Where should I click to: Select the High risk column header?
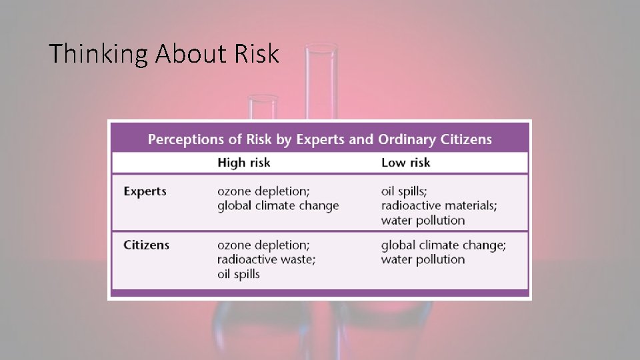coord(244,163)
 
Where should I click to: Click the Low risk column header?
coord(405,163)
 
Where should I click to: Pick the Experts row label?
coord(145,191)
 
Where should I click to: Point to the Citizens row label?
coord(146,245)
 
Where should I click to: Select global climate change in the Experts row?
coord(278,206)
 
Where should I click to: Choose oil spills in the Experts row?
coord(403,191)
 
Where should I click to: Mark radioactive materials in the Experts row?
coord(439,206)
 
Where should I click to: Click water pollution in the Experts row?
coord(423,221)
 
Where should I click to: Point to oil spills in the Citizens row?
coord(238,274)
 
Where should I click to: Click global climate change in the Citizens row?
coord(443,245)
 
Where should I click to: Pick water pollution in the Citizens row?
coord(423,259)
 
